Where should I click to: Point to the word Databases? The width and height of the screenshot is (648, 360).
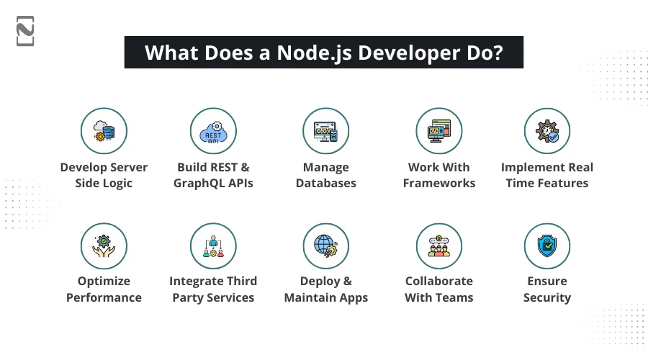(325, 183)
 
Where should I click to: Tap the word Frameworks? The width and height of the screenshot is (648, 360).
(438, 183)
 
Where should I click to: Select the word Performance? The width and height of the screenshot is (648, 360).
(104, 297)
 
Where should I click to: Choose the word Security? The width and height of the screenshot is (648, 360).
(547, 297)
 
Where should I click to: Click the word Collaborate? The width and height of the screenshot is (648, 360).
(438, 281)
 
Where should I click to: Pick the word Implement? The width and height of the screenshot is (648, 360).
(528, 167)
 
